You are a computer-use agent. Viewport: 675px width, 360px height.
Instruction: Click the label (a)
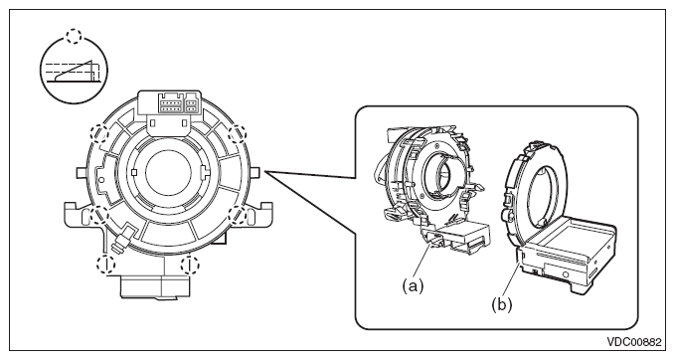413,285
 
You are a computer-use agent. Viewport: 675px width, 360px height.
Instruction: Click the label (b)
502,305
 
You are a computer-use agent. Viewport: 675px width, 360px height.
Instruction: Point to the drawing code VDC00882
633,342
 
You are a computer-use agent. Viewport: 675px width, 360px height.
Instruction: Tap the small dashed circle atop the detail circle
74,36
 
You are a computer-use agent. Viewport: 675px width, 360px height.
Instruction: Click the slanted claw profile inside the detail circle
75,71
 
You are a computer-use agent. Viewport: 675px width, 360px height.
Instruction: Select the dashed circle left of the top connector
99,133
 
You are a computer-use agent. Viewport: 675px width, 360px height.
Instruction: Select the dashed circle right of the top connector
238,133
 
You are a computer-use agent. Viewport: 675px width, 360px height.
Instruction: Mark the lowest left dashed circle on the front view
106,264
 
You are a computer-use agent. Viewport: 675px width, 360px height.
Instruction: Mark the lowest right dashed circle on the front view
190,265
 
